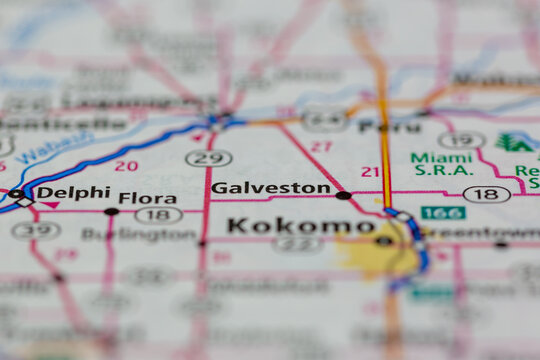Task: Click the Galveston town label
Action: pyautogui.click(x=270, y=188)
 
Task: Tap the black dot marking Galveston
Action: pyautogui.click(x=343, y=195)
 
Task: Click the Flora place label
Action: pyautogui.click(x=147, y=198)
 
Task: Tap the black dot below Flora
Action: pyautogui.click(x=111, y=212)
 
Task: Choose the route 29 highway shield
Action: pyautogui.click(x=208, y=158)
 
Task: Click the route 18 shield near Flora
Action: pyautogui.click(x=158, y=214)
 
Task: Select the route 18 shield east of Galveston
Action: pyautogui.click(x=486, y=194)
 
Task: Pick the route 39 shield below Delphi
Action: pyautogui.click(x=36, y=230)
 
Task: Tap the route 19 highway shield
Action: pyautogui.click(x=461, y=140)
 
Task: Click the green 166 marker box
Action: pyautogui.click(x=442, y=213)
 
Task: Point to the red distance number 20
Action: pyautogui.click(x=126, y=166)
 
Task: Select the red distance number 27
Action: pyautogui.click(x=321, y=146)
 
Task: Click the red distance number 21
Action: pyautogui.click(x=370, y=172)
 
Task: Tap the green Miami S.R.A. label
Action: pyautogui.click(x=441, y=165)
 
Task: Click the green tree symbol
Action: pyautogui.click(x=515, y=143)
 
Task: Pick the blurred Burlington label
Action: pyautogui.click(x=139, y=234)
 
